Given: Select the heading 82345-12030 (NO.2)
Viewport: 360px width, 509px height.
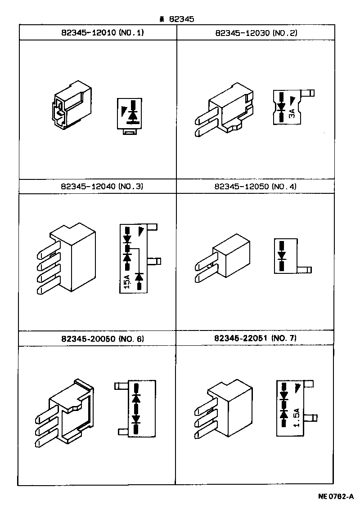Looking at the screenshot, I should [x=256, y=33].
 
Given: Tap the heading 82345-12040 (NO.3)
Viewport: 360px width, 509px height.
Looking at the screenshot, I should [x=101, y=186].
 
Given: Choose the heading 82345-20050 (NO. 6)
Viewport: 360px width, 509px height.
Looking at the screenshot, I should [x=102, y=338].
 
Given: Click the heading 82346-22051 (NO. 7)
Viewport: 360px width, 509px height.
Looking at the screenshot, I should [x=255, y=338].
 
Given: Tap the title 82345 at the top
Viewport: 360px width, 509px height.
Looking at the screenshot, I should [x=178, y=19].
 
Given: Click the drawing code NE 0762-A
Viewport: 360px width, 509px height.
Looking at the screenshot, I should [x=336, y=497].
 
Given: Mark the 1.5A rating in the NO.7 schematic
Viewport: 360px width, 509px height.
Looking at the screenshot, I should [x=296, y=417].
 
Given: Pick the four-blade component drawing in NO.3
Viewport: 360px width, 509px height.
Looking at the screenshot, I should [x=66, y=261].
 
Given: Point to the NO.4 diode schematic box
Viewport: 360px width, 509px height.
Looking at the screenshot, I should [x=285, y=255].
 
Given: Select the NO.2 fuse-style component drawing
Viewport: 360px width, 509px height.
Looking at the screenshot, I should [x=224, y=110].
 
